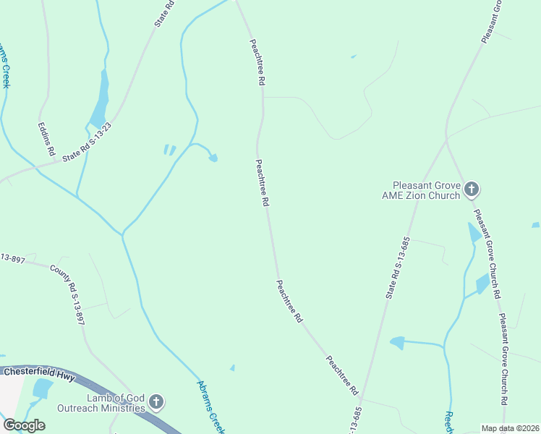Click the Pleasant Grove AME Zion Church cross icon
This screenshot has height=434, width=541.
pyautogui.click(x=471, y=190)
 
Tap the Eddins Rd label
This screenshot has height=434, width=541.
pyautogui.click(x=46, y=138)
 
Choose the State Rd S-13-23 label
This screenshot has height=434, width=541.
pyautogui.click(x=88, y=142)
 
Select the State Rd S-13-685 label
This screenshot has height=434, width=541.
pyautogui.click(x=398, y=268)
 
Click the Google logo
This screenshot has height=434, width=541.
pyautogui.click(x=24, y=425)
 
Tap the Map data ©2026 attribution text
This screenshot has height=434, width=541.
pyautogui.click(x=510, y=428)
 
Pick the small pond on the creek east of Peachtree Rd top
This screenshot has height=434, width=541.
pyautogui.click(x=213, y=158)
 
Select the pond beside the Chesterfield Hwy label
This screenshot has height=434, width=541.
pyautogui.click(x=42, y=389)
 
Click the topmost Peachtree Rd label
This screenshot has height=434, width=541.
pyautogui.click(x=255, y=63)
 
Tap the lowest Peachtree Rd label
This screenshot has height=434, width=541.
pyautogui.click(x=342, y=375)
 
